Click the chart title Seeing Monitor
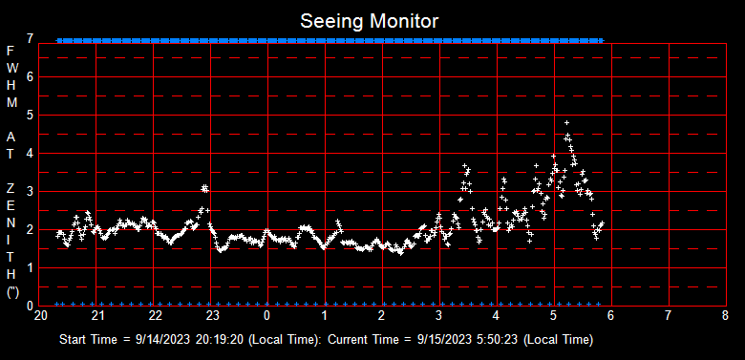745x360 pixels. click(370, 20)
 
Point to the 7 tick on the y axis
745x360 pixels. click(32, 39)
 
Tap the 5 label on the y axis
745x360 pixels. click(32, 115)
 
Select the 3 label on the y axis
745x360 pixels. click(32, 191)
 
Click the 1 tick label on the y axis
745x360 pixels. click(32, 267)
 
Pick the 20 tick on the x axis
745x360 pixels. click(41, 315)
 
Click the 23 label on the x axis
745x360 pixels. click(213, 315)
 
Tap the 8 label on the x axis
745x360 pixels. click(726, 315)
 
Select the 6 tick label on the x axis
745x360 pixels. click(611, 315)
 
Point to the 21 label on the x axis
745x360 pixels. click(98, 315)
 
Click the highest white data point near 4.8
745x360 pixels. click(566, 123)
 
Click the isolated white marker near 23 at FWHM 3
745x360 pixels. click(204, 189)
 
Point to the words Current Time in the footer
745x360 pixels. click(358, 339)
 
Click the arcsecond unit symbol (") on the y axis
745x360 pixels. click(11, 293)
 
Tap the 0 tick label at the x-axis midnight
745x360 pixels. click(267, 315)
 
